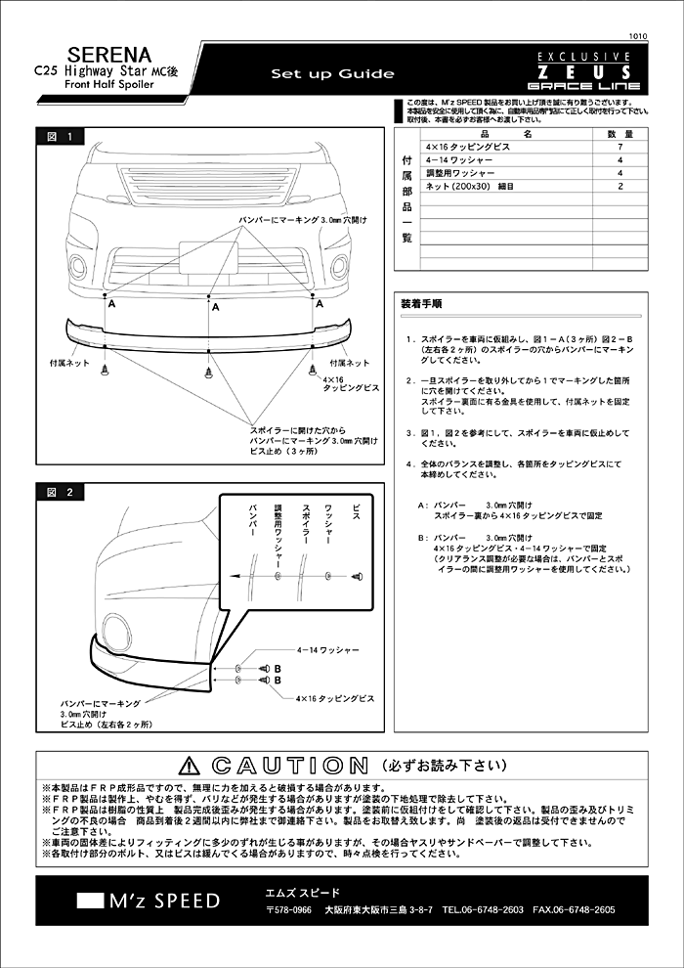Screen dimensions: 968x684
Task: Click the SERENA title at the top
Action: pyautogui.click(x=109, y=55)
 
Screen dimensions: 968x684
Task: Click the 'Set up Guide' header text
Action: pyautogui.click(x=332, y=74)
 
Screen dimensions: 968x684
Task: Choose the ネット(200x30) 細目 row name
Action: pyautogui.click(x=470, y=185)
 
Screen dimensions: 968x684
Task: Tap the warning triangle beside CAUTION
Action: pyautogui.click(x=191, y=766)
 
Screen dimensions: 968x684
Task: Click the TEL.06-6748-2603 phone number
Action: pyautogui.click(x=482, y=909)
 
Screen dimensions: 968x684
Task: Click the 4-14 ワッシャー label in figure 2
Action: pyautogui.click(x=328, y=649)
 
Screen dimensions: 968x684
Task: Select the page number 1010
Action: pyautogui.click(x=638, y=32)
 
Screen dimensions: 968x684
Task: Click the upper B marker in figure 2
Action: pyautogui.click(x=278, y=669)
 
